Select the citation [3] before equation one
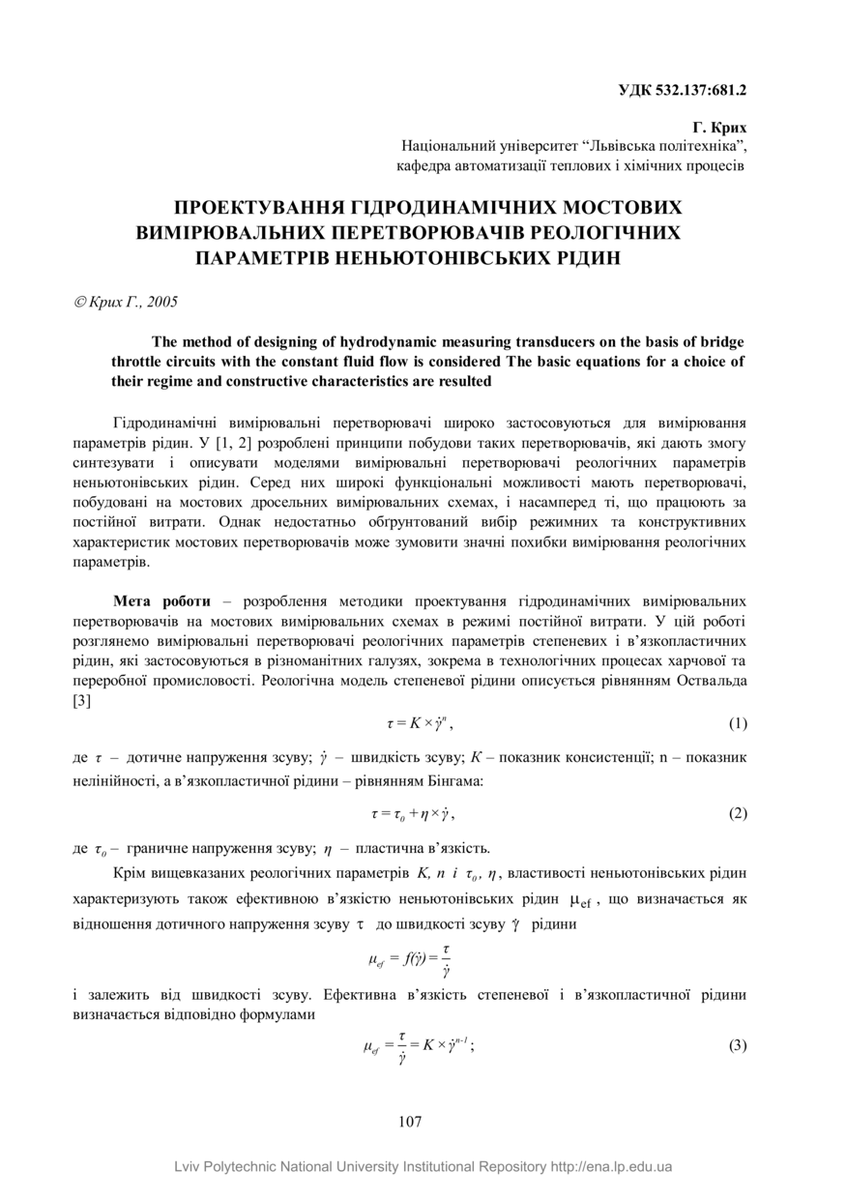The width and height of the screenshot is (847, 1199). click(82, 701)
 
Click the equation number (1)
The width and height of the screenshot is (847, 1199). click(737, 723)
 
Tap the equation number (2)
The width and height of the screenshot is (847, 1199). click(737, 813)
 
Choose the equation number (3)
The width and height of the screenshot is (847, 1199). click(737, 1046)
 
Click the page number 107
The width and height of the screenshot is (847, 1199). click(410, 1122)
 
